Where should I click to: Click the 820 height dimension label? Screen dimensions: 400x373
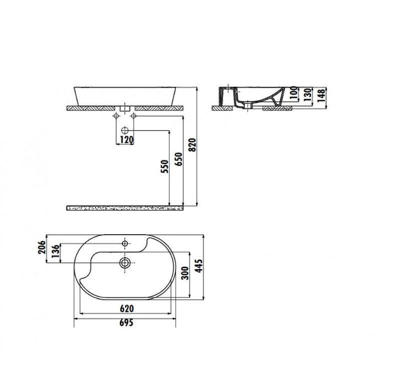(x=193, y=145)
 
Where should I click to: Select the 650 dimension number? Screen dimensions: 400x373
(x=179, y=159)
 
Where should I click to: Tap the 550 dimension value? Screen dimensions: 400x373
(x=165, y=166)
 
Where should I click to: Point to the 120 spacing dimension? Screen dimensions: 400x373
(x=126, y=140)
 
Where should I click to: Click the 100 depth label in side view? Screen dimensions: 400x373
(x=294, y=93)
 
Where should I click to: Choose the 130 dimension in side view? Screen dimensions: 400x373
(x=308, y=94)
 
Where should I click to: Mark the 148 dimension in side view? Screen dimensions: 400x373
(x=321, y=95)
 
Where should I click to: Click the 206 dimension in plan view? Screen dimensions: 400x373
(x=41, y=247)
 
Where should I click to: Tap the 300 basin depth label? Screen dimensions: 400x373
(x=185, y=273)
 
